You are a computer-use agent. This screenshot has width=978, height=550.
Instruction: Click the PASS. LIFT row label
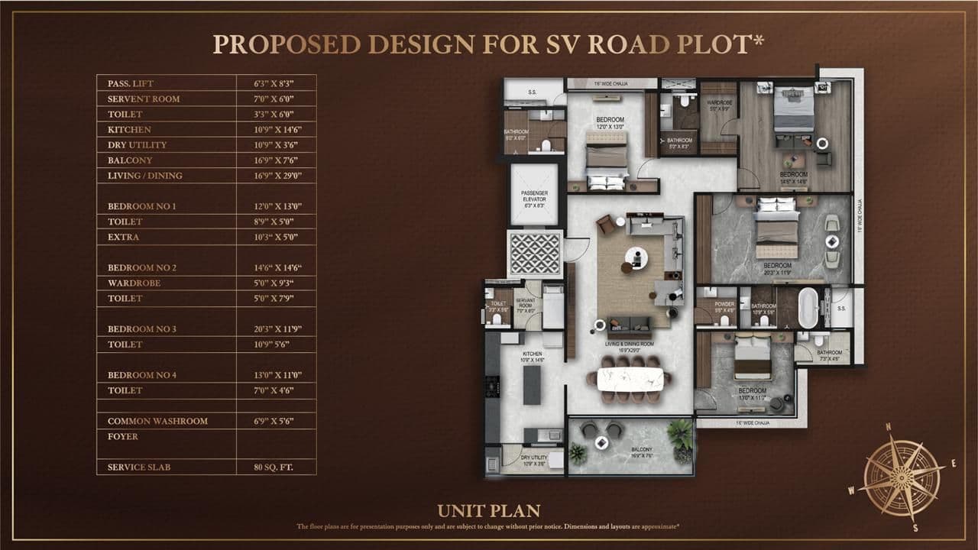[131, 83]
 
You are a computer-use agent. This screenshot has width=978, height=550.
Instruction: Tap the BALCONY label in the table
[130, 160]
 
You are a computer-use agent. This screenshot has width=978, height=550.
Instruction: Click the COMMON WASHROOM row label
[157, 421]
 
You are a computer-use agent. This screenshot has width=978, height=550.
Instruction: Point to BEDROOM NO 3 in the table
[142, 329]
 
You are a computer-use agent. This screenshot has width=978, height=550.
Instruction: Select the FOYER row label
[123, 436]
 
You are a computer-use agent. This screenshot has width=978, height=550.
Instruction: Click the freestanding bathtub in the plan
[808, 308]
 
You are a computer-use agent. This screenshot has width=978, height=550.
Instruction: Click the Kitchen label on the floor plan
[533, 355]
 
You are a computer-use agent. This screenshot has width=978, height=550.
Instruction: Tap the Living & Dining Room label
[630, 345]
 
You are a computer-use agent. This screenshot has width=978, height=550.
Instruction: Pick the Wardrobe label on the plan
[718, 103]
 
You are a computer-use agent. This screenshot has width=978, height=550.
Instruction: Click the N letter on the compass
[888, 428]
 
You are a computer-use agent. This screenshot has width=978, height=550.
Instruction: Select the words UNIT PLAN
[489, 511]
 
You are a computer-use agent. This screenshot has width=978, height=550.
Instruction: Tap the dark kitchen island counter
[532, 386]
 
